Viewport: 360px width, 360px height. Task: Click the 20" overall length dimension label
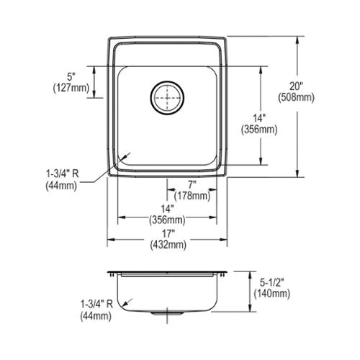point(296,86)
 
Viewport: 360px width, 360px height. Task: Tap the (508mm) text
point(296,98)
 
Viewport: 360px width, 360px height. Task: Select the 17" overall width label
point(167,233)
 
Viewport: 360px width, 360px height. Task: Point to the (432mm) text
point(168,245)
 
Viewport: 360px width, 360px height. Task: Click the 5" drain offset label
point(71,77)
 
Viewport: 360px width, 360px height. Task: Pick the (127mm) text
point(71,88)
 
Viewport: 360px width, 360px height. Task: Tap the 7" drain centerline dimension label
point(192,185)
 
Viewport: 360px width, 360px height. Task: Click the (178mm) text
point(192,196)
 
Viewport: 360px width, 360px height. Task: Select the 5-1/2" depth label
point(272,283)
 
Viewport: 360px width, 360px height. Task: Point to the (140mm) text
point(272,294)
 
